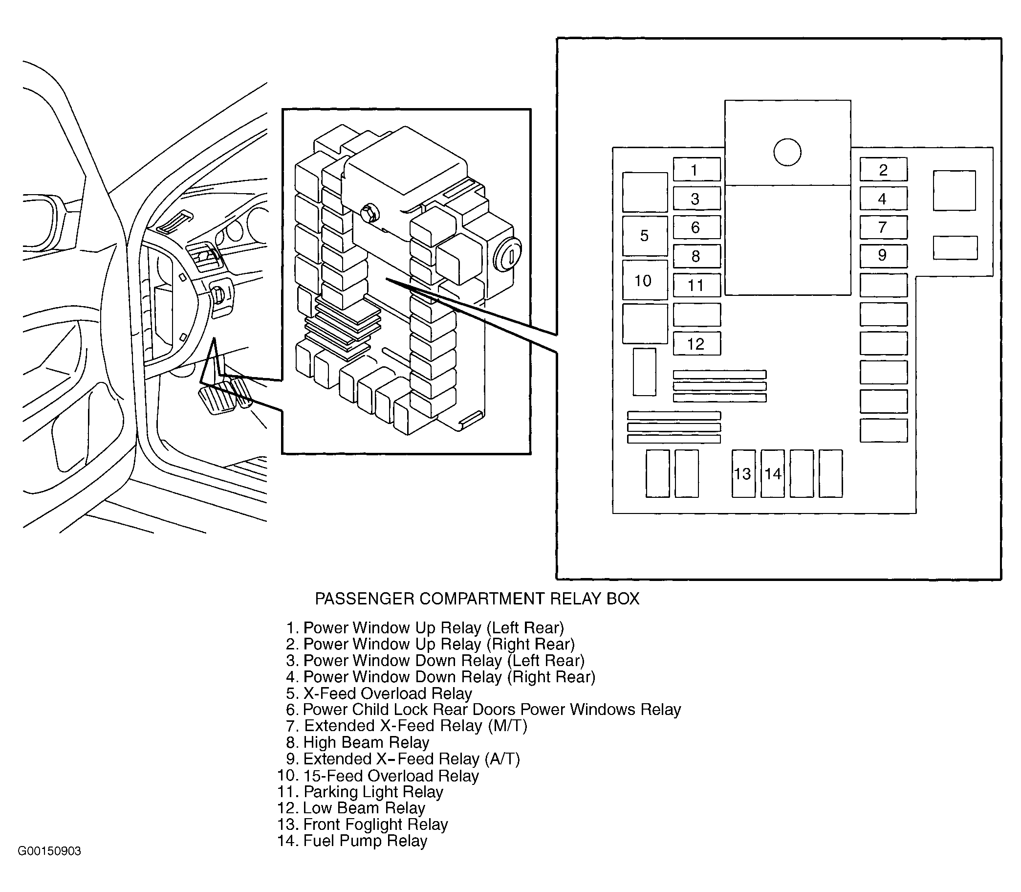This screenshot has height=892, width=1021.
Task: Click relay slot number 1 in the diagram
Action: [696, 170]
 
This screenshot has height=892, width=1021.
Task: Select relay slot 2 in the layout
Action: [884, 170]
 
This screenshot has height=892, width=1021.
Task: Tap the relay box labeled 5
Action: [645, 236]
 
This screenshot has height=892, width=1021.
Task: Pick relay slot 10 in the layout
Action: [645, 280]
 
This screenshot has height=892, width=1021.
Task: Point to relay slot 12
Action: [696, 343]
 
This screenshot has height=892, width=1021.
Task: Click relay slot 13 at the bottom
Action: [743, 473]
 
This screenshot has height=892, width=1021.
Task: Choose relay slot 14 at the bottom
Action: [773, 473]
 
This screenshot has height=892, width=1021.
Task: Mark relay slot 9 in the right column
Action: [884, 256]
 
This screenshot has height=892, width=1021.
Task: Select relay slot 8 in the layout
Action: [696, 256]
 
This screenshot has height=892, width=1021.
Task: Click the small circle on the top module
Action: [788, 152]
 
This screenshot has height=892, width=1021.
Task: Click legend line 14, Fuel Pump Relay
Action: [352, 841]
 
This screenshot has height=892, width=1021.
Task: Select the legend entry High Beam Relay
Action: [357, 743]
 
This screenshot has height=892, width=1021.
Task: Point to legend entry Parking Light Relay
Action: [360, 792]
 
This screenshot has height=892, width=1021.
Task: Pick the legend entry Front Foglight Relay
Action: [363, 825]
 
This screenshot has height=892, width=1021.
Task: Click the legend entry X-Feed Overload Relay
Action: [379, 693]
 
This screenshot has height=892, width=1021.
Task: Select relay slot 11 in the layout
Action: [696, 285]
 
